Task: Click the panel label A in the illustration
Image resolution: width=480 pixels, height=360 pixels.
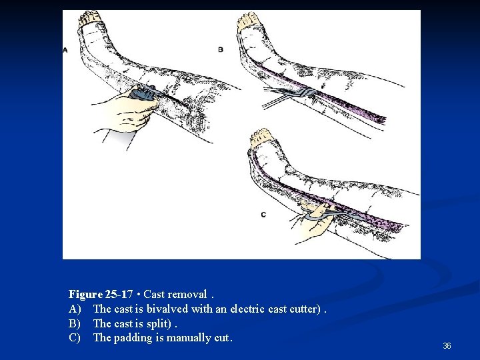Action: (x=65, y=50)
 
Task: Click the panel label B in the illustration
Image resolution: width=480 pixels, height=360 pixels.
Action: (x=221, y=49)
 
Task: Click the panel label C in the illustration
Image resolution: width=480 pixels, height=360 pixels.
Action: (x=263, y=214)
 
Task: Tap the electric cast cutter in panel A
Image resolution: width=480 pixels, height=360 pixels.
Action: (x=143, y=94)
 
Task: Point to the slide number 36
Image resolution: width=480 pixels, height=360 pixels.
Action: (x=447, y=346)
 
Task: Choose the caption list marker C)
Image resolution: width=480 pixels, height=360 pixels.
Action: (x=75, y=338)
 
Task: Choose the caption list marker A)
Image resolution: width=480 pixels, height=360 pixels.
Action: (x=75, y=309)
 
